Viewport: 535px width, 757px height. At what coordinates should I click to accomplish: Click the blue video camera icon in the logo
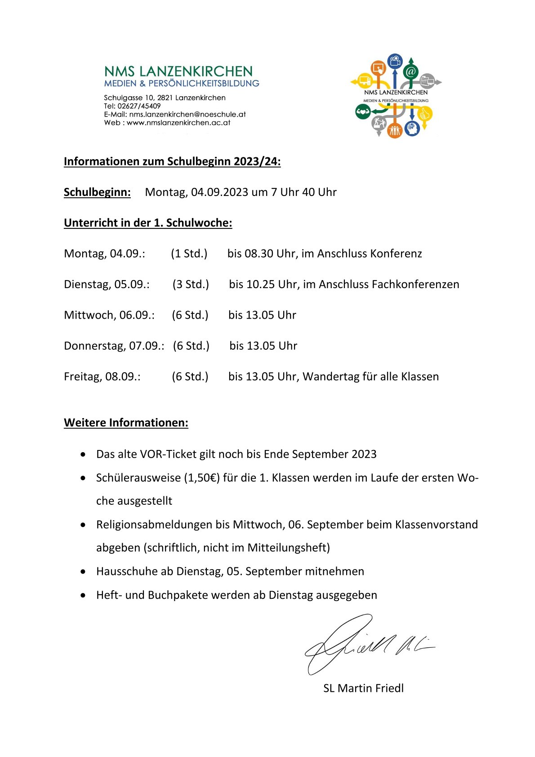point(395,61)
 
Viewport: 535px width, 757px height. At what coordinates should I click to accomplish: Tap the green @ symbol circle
point(410,71)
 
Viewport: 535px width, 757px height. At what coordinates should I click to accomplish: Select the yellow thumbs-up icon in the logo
point(424,115)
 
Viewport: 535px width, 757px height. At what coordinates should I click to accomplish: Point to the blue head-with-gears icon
point(412,129)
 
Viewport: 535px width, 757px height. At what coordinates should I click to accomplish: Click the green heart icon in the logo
point(362,111)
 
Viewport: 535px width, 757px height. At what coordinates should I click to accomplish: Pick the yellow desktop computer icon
point(364,81)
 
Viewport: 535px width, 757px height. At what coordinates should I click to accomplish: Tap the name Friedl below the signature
point(387,688)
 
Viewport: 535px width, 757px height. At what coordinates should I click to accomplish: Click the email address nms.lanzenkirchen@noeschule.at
point(187,114)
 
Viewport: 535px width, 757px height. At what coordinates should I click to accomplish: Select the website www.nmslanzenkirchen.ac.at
point(178,122)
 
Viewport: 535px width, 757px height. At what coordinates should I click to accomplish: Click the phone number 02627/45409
point(139,106)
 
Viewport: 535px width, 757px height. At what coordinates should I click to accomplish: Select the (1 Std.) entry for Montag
point(189,254)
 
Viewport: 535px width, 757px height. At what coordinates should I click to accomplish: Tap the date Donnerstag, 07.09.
point(113,346)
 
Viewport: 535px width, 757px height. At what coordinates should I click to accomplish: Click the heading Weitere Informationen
point(126,423)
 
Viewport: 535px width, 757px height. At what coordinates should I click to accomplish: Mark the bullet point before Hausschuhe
point(83,572)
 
